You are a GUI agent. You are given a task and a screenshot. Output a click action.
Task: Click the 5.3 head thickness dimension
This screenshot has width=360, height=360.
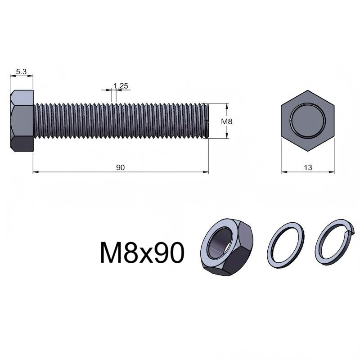(x=21, y=72)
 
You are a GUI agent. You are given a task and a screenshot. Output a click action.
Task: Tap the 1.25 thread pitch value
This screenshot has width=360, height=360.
(x=121, y=86)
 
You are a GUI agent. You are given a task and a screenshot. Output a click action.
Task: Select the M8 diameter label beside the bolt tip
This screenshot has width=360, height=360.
(x=227, y=121)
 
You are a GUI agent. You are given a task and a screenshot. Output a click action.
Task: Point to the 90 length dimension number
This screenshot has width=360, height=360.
(x=120, y=167)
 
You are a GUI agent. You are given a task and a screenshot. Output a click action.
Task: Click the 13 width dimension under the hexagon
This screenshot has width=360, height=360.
(x=308, y=167)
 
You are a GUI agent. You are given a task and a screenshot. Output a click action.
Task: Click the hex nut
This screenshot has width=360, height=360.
(x=227, y=247)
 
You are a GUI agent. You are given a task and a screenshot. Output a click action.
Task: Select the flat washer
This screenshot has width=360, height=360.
(x=286, y=245)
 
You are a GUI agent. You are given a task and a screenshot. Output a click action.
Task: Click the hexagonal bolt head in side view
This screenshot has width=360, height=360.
(x=22, y=121)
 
